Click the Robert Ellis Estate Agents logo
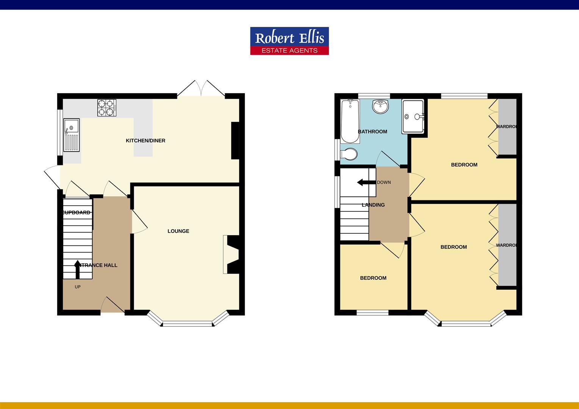pyautogui.click(x=289, y=41)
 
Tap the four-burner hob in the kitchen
pyautogui.click(x=106, y=108)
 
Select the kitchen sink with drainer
pyautogui.click(x=71, y=135)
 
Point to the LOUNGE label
pyautogui.click(x=178, y=231)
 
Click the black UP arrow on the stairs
pyautogui.click(x=77, y=270)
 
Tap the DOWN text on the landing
pyautogui.click(x=384, y=183)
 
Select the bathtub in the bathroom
pyautogui.click(x=350, y=121)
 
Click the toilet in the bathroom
pyautogui.click(x=349, y=155)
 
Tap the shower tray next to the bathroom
pyautogui.click(x=413, y=117)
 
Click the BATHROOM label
pyautogui.click(x=372, y=132)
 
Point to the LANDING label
pyautogui.click(x=373, y=205)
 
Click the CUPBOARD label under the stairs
pyautogui.click(x=77, y=213)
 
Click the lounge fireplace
pyautogui.click(x=231, y=254)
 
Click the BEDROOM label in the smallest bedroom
pyautogui.click(x=373, y=278)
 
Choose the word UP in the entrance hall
pyautogui.click(x=78, y=287)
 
